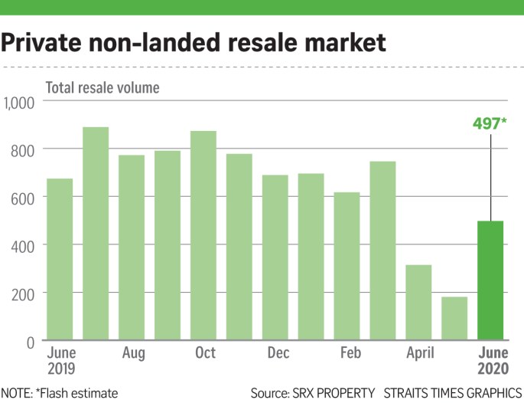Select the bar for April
[418, 302]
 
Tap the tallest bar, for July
[96, 233]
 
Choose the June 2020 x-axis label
[490, 361]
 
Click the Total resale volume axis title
[103, 87]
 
